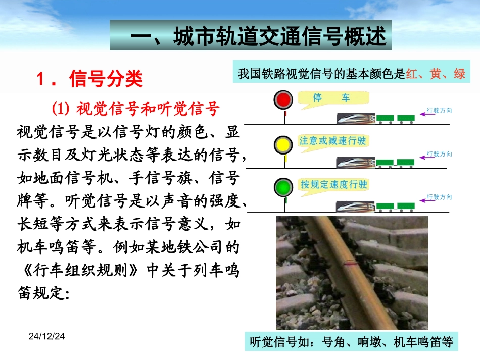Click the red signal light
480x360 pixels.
tap(284, 99)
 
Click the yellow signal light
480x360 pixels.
tap(284, 144)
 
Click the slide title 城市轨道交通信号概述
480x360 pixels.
tap(251, 36)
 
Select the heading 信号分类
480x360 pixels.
tap(106, 79)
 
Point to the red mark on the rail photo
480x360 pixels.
tap(349, 262)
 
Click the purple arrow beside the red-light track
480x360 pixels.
tap(427, 115)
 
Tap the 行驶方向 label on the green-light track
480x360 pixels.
tap(439, 197)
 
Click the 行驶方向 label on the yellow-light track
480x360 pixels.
tap(439, 153)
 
